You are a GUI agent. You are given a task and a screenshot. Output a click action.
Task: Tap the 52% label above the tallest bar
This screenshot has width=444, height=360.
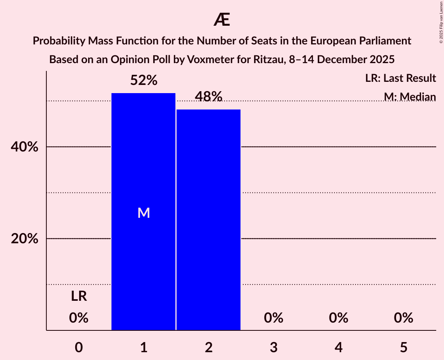click(x=143, y=81)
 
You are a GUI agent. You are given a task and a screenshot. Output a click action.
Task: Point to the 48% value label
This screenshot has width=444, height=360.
click(x=209, y=97)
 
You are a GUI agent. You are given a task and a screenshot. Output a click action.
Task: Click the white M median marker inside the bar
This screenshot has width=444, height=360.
click(x=143, y=213)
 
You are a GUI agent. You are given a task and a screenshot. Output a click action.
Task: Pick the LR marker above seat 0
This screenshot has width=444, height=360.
click(x=79, y=296)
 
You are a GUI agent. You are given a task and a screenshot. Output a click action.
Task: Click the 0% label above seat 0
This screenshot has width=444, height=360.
click(x=79, y=318)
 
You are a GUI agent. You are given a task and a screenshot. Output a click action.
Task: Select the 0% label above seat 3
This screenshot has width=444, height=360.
click(x=273, y=318)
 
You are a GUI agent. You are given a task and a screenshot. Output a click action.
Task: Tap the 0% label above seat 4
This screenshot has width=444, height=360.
click(x=338, y=318)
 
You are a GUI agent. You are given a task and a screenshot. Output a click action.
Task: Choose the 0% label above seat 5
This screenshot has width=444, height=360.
click(x=403, y=318)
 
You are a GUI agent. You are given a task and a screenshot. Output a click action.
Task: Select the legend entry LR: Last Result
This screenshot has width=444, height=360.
click(x=400, y=78)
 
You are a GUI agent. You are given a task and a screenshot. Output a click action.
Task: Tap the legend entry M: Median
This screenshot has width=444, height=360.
click(x=409, y=97)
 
